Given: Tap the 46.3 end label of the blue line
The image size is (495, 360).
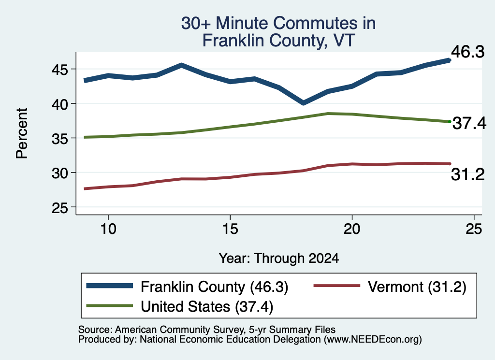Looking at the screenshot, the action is [467, 51].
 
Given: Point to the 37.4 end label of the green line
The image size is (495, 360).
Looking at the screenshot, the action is [469, 123].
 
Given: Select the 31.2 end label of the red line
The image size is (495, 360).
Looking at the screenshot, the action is [467, 174].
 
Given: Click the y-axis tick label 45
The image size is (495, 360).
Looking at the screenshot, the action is [60, 69].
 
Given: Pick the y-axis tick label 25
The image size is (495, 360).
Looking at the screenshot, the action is [60, 207].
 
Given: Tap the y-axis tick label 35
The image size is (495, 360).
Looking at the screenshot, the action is [60, 138].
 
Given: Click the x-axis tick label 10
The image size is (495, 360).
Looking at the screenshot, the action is [108, 229].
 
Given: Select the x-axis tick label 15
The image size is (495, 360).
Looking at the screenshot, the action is [230, 229].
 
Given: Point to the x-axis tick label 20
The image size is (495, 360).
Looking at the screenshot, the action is [352, 229].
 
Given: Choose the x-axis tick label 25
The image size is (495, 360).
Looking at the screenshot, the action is [474, 229].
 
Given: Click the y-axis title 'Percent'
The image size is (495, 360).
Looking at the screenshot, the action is [22, 133].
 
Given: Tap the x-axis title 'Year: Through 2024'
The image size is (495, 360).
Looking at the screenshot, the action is [279, 258].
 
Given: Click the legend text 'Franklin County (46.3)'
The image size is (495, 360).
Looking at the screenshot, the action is [214, 287].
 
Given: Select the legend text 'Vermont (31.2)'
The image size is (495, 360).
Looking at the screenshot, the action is [417, 287].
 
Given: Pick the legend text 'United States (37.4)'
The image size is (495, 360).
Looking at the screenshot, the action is [207, 307].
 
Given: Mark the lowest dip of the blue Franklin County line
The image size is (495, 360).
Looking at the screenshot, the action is [303, 102].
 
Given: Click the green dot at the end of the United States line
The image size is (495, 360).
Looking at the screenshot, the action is [450, 121].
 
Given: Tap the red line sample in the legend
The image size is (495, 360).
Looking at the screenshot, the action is [337, 286].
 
